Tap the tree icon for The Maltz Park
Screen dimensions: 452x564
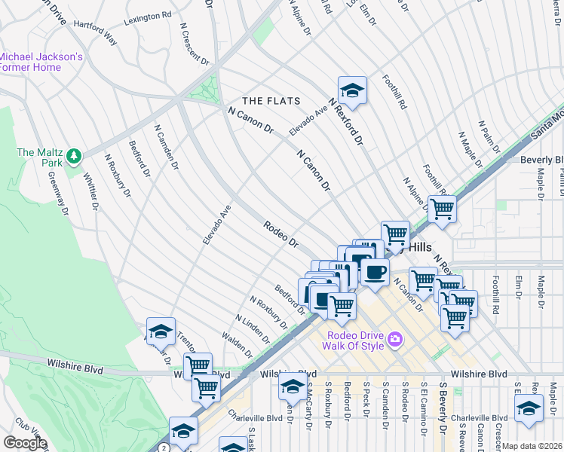pyautogui.click(x=74, y=156)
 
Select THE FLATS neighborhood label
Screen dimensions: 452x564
pyautogui.click(x=271, y=101)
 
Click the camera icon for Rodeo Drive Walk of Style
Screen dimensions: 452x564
pyautogui.click(x=394, y=341)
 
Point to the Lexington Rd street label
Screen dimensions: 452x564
pyautogui.click(x=143, y=17)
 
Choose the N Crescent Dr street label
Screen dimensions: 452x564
pyautogui.click(x=194, y=43)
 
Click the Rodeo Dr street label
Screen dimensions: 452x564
pyautogui.click(x=282, y=234)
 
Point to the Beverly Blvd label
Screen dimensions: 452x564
pyautogui.click(x=542, y=160)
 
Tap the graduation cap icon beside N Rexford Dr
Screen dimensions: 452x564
pyautogui.click(x=351, y=91)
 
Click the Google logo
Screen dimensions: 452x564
pyautogui.click(x=25, y=443)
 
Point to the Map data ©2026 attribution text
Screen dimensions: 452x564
pyautogui.click(x=532, y=446)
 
